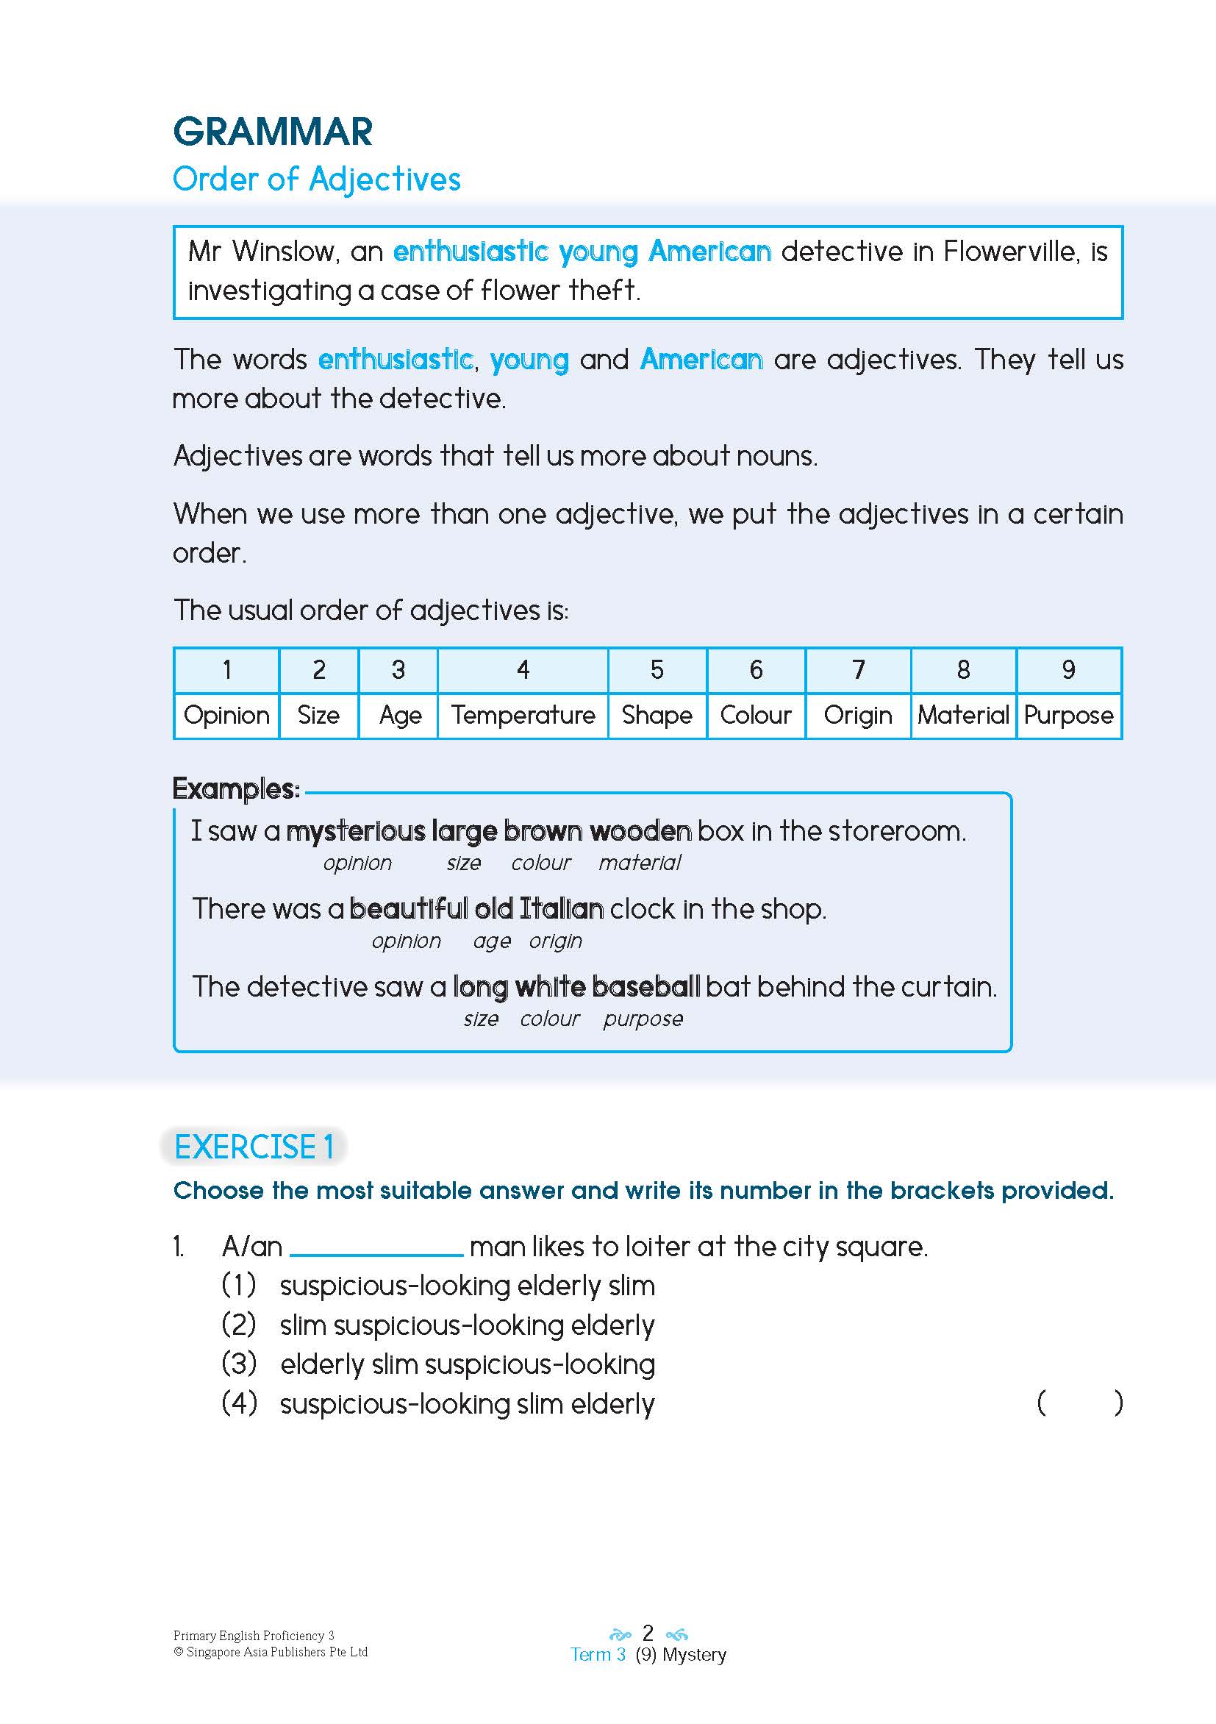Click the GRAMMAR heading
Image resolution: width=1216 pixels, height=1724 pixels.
273,132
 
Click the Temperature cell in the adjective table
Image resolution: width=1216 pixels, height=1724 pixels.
523,715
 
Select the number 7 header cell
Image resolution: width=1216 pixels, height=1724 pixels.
858,670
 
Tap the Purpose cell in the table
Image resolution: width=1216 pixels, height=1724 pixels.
1068,715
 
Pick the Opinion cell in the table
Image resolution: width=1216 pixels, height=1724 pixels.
226,715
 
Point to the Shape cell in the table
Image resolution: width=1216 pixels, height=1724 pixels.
657,715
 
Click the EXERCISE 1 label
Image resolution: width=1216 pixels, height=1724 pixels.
254,1147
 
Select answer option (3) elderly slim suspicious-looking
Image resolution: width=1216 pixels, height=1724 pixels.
467,1364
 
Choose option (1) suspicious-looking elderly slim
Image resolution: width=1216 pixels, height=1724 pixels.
467,1286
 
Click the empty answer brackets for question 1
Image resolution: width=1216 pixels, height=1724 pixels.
1079,1403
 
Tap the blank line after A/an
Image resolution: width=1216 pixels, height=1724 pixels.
376,1248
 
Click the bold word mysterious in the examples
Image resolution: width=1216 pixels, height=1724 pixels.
355,831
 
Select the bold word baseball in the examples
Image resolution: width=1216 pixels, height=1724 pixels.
645,986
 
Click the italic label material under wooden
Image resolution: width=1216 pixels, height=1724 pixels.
640,863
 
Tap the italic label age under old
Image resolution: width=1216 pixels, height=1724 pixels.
492,941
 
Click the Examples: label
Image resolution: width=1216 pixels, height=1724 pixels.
236,788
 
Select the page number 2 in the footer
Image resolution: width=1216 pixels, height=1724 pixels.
648,1633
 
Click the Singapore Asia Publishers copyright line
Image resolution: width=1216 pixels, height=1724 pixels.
271,1652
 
